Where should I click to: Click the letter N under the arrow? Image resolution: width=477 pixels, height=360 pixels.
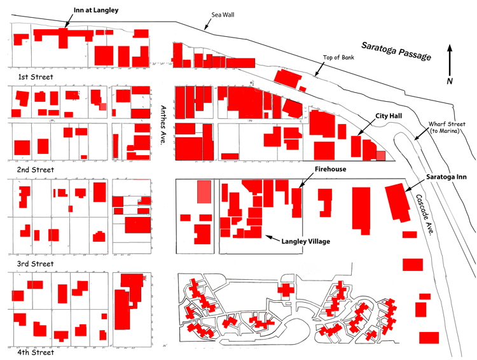pyautogui.click(x=450, y=81)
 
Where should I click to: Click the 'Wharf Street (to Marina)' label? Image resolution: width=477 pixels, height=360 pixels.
pyautogui.click(x=446, y=127)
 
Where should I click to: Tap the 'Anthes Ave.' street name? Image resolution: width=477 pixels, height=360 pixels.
pyautogui.click(x=163, y=125)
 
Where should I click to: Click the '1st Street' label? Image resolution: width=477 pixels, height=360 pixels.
pyautogui.click(x=36, y=77)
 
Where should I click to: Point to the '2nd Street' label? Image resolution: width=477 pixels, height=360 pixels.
pyautogui.click(x=36, y=170)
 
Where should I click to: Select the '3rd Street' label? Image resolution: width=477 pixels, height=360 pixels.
pyautogui.click(x=36, y=263)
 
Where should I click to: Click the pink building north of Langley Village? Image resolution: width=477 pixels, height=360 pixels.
pyautogui.click(x=204, y=192)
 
